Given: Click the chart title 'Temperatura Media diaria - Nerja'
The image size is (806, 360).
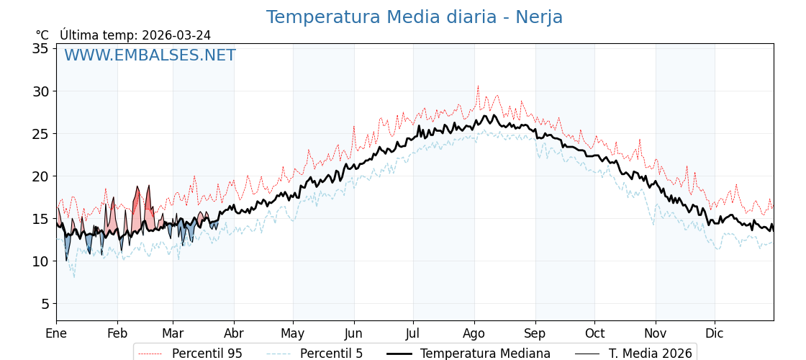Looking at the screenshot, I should (x=414, y=17).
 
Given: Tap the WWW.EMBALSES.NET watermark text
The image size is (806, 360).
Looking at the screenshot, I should (x=150, y=55).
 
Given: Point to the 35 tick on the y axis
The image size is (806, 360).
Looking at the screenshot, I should (x=40, y=49).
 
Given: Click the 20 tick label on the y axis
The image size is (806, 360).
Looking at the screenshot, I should (x=40, y=176).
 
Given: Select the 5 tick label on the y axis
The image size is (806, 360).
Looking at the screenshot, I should (x=44, y=304).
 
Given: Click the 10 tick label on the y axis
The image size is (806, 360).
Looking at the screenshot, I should (x=40, y=261).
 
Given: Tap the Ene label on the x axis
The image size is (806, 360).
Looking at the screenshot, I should (x=56, y=334).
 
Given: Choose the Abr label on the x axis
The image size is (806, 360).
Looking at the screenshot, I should (x=234, y=334).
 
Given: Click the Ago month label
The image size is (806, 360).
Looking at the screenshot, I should (x=474, y=334).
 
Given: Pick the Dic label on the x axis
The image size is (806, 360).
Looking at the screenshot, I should (x=714, y=334).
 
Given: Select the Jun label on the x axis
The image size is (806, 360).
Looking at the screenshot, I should (x=353, y=334).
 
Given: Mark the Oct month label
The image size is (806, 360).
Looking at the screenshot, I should (x=594, y=334).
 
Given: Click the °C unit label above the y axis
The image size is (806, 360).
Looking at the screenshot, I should (x=42, y=35).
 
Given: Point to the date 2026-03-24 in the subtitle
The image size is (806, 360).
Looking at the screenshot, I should (x=176, y=35).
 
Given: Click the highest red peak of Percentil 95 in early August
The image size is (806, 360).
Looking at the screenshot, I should (x=477, y=86).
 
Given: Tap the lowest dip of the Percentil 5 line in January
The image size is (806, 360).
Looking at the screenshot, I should (x=73, y=276).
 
